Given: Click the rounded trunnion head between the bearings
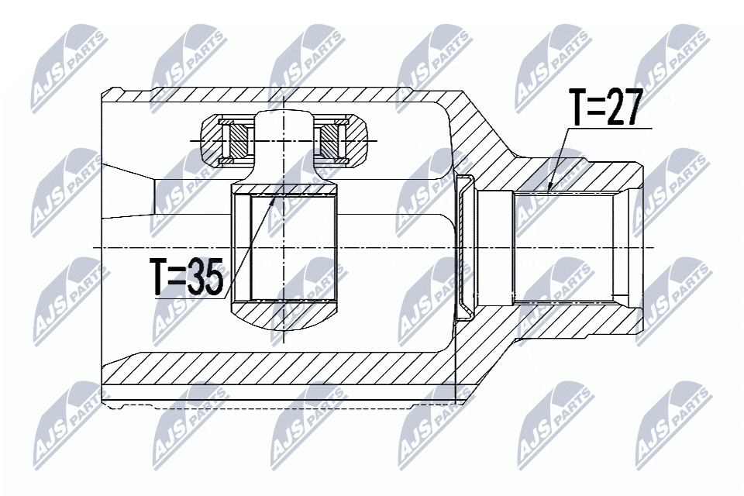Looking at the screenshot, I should [284, 128].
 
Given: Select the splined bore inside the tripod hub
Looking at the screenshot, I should [284, 248].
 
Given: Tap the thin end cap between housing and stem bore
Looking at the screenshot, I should [466, 247].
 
